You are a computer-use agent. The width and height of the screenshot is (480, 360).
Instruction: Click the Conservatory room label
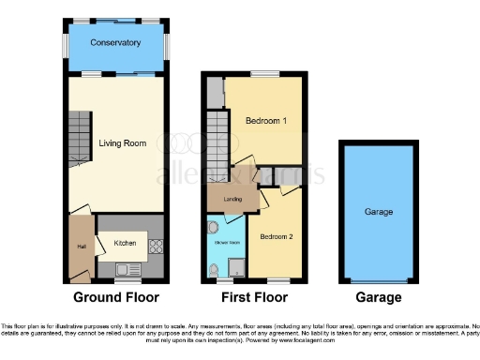(116, 43)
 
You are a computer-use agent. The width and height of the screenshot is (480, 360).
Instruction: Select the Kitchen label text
(125, 244)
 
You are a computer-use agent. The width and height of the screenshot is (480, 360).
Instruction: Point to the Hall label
(82, 247)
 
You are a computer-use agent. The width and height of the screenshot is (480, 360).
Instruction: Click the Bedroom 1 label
(265, 123)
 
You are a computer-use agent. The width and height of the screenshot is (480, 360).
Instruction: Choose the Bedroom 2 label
(277, 236)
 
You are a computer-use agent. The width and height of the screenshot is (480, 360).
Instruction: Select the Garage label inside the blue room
(379, 213)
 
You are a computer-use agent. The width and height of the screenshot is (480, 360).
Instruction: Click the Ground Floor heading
(117, 298)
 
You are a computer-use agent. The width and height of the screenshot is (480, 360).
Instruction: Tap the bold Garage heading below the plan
(379, 298)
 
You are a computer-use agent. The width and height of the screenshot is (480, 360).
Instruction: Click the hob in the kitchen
(156, 248)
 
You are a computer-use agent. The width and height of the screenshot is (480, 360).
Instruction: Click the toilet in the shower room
(215, 271)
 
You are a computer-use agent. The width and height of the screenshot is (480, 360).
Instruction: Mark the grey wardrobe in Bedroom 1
(216, 94)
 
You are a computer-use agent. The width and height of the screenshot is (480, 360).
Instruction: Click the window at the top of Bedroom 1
(262, 75)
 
